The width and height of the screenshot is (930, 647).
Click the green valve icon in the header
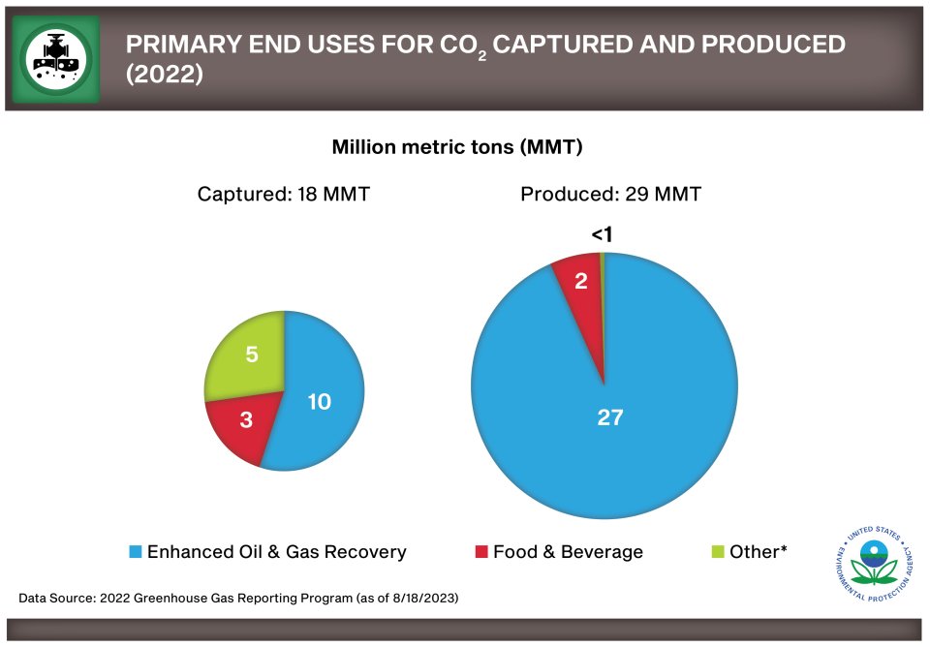[56, 57]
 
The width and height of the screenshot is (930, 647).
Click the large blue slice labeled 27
[610, 426]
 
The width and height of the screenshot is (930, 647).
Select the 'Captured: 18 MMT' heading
[283, 195]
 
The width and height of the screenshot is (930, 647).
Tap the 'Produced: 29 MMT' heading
[610, 195]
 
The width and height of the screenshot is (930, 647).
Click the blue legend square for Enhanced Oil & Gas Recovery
[136, 552]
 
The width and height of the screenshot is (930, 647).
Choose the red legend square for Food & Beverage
[481, 552]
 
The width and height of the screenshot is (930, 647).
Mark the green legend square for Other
[718, 552]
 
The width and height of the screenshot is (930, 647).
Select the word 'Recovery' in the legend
[368, 552]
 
